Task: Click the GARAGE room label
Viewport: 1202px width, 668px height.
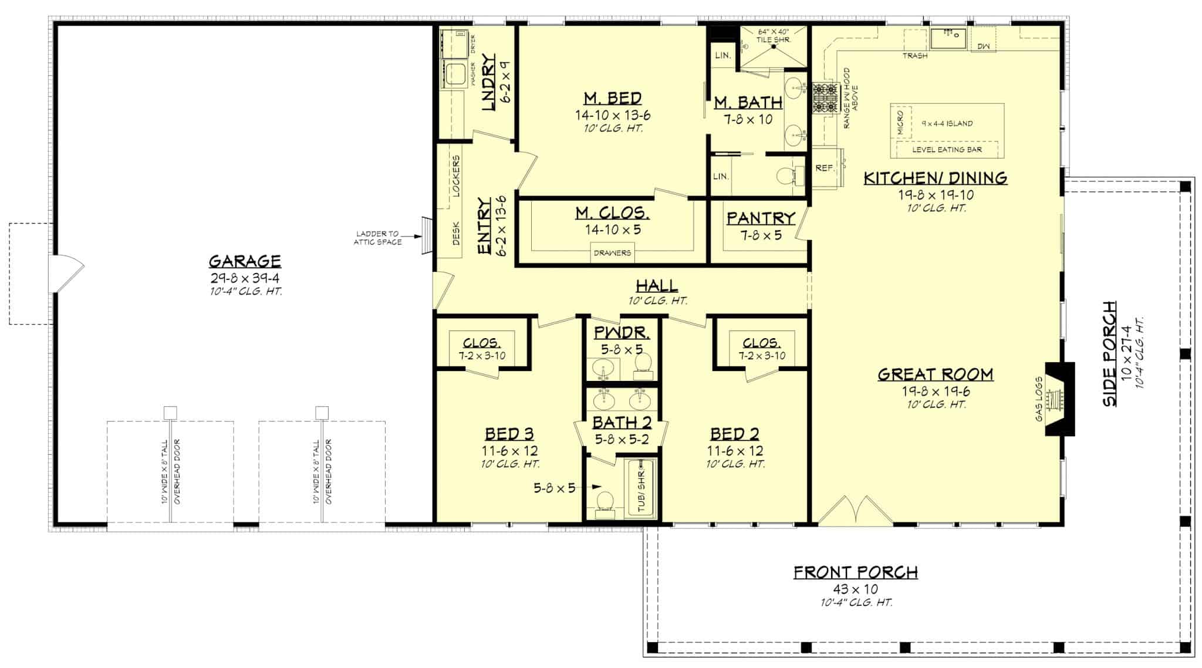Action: coord(245,261)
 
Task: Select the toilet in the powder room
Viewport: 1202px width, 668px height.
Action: coord(643,363)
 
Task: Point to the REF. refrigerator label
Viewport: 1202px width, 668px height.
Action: coord(825,168)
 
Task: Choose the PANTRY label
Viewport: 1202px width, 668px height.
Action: coord(761,218)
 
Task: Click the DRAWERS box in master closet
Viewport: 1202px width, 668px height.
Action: coord(612,253)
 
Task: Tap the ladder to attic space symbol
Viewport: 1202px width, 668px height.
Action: coord(427,235)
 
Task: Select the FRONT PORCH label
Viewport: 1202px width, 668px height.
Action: coord(856,572)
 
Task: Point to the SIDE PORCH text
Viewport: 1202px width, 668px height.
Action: coord(1109,354)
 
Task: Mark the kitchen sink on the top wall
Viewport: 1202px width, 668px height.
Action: coord(947,39)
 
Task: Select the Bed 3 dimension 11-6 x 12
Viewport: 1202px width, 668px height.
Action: coord(509,451)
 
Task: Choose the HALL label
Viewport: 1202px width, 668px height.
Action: coord(657,286)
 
